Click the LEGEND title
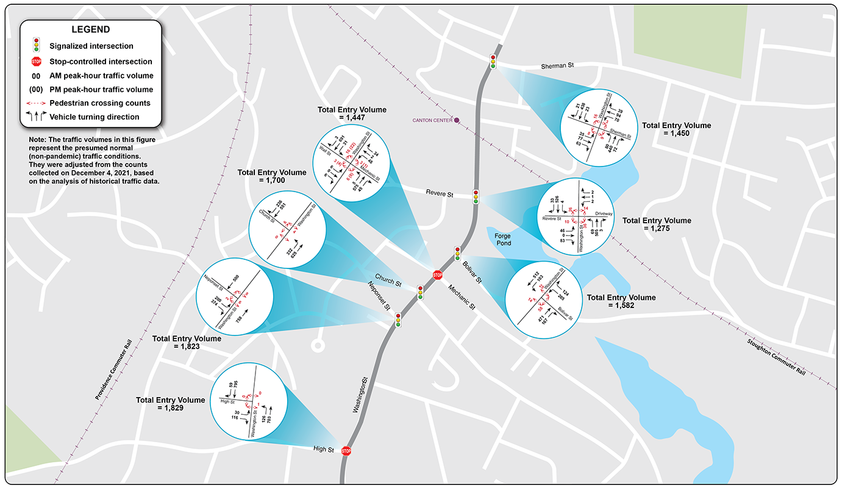pos(91,29)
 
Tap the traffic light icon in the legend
pos(36,45)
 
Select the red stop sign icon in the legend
pos(36,61)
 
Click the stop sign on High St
pos(346,451)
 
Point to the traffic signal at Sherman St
pos(493,61)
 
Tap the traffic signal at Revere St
pos(476,196)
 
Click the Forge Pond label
pos(503,239)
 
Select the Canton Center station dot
pos(456,120)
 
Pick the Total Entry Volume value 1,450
pos(676,133)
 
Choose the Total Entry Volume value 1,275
pos(657,228)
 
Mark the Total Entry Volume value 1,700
pos(272,181)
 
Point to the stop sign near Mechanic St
pos(437,275)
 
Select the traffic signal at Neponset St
pos(398,320)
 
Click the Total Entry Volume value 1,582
pos(621,305)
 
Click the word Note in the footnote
pos(37,140)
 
